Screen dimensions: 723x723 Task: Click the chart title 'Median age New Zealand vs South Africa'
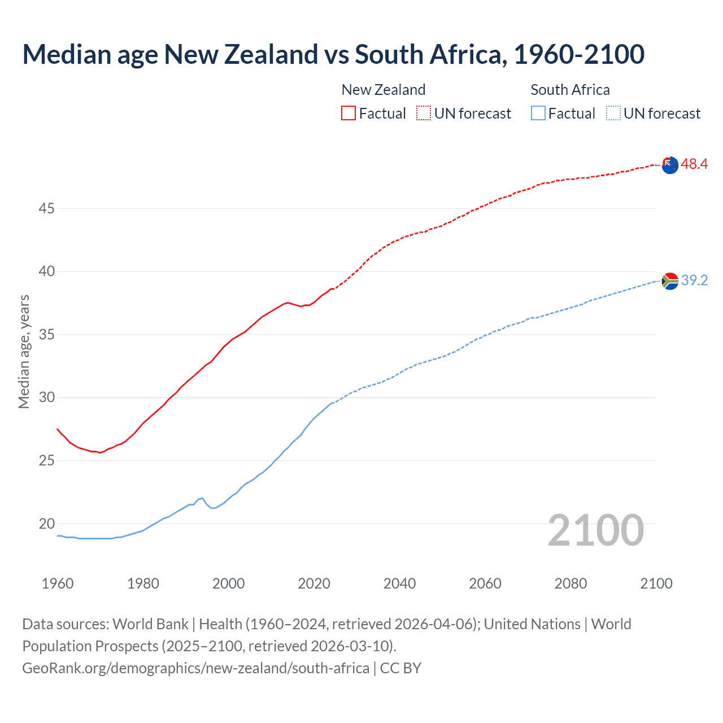[x=333, y=54]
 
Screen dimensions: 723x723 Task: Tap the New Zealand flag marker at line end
[x=670, y=165]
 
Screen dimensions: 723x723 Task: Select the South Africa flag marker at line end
[x=670, y=281]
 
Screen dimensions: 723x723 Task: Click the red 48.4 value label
[x=694, y=164]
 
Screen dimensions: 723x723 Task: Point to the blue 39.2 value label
[x=694, y=280]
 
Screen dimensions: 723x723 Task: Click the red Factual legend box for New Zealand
[x=349, y=113]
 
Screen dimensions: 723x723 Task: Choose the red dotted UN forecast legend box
[x=424, y=113]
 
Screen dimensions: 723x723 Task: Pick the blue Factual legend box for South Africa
[x=538, y=113]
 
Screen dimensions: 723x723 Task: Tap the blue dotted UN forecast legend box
[x=613, y=113]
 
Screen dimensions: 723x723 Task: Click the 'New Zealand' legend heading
[x=383, y=90]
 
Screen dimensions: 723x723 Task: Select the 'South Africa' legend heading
[x=570, y=90]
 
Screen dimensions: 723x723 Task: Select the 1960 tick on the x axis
[x=58, y=583]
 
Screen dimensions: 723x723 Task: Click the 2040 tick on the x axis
[x=399, y=583]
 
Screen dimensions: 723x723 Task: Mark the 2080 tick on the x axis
[x=570, y=583]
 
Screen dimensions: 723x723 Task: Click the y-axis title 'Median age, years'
[x=24, y=351]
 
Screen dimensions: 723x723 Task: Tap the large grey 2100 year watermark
[x=595, y=530]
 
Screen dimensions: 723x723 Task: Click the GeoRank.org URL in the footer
[x=195, y=668]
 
